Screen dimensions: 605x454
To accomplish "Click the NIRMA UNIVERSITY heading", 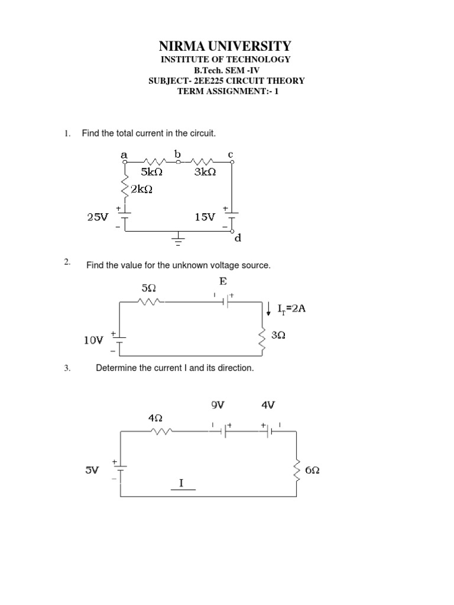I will (226, 46).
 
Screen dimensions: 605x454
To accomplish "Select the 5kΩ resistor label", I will (152, 172).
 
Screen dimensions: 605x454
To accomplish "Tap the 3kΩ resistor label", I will (205, 172).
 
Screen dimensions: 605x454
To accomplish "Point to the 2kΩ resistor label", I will (142, 189).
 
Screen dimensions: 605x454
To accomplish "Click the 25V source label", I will (98, 217).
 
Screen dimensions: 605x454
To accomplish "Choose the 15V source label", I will (205, 217).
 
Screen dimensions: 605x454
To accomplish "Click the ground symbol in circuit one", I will (178, 238).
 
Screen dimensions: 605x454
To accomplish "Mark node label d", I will (238, 239).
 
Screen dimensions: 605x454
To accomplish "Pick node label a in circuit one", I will (124, 154).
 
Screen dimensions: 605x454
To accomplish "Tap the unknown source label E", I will (223, 282).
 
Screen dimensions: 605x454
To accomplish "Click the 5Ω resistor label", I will (149, 288).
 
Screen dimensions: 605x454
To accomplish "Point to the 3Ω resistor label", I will (278, 335).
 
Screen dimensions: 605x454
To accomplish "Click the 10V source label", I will (93, 340).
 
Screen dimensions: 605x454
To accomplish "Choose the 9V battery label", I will (218, 405).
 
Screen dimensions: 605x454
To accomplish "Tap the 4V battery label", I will (268, 405).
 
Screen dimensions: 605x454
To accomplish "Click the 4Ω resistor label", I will (155, 418).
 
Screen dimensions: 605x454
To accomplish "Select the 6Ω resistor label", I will (313, 470).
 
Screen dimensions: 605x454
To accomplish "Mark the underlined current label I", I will (182, 484).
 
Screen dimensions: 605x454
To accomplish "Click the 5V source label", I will (92, 471).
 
